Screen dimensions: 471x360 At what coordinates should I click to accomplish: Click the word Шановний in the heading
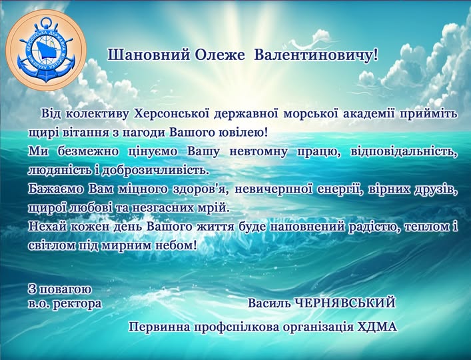pos(149,55)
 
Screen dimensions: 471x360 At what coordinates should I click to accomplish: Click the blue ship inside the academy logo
pos(46,48)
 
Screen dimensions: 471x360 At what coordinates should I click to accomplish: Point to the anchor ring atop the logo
pos(46,22)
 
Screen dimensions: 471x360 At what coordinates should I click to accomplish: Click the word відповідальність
pos(403,152)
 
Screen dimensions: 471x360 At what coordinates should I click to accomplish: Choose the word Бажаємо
pos(56,189)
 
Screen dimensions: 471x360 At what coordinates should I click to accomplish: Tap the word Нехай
pos(48,226)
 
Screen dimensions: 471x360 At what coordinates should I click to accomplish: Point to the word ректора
pos(77,304)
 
